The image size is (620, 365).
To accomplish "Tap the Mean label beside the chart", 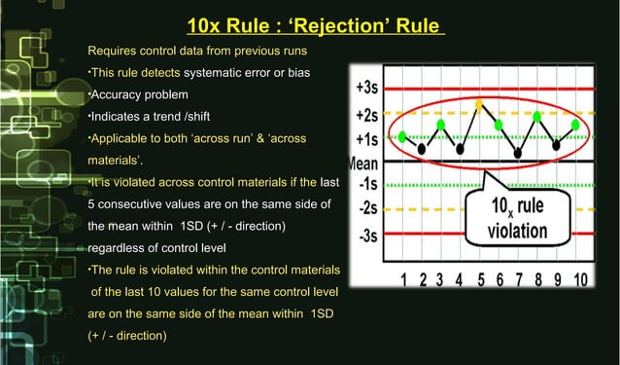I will (x=362, y=161).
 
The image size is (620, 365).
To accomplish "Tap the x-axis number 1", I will (x=403, y=281).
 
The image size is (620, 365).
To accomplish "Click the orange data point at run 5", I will (x=479, y=102).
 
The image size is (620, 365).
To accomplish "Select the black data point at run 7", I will (x=518, y=153).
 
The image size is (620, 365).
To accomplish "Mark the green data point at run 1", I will (x=403, y=136).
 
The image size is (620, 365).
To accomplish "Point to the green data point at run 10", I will (x=576, y=124).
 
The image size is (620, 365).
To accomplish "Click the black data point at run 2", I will (x=422, y=149).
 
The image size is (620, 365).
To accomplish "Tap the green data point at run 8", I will (x=537, y=116).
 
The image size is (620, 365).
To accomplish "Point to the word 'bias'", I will (x=294, y=73).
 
